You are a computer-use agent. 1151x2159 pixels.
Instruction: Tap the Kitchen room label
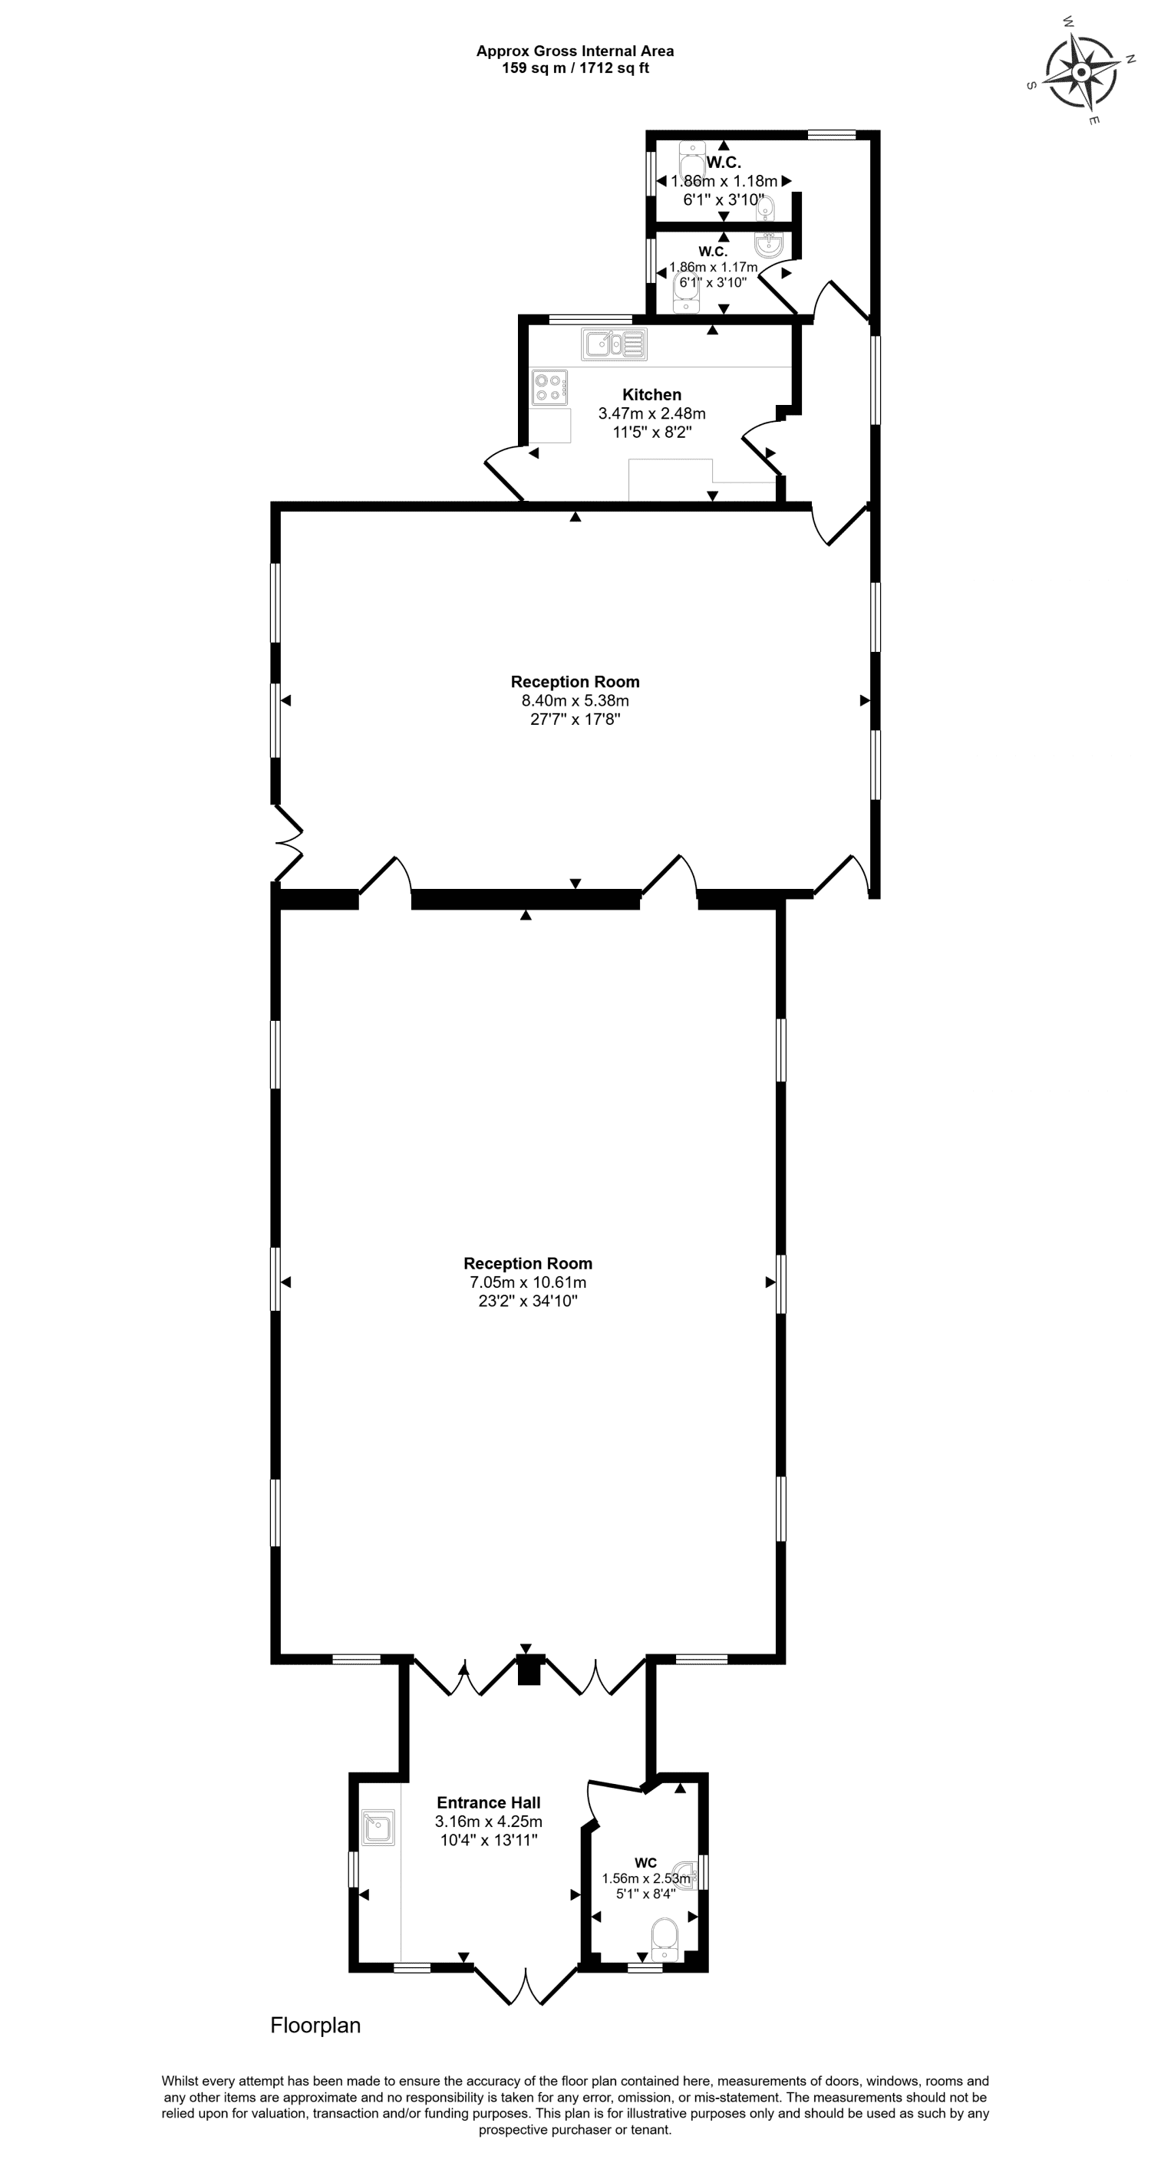coord(651,395)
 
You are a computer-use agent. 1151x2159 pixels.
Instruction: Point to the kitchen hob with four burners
coord(549,388)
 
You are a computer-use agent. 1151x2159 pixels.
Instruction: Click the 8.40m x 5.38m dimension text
coord(575,701)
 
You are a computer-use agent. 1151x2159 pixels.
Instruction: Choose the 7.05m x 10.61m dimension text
coord(528,1283)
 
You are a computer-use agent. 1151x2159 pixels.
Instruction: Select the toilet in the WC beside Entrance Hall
coord(664,1937)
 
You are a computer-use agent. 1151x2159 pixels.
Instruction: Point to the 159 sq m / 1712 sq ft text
coord(575,69)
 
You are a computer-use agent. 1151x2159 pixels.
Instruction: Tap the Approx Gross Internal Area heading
coord(575,51)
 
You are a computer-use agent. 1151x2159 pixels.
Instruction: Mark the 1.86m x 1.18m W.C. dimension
coord(724,181)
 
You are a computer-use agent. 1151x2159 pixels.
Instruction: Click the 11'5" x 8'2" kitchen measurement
coord(651,433)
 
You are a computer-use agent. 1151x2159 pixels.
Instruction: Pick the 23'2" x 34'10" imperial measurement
coord(528,1302)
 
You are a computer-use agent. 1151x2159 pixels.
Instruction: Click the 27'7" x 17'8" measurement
coord(575,719)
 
